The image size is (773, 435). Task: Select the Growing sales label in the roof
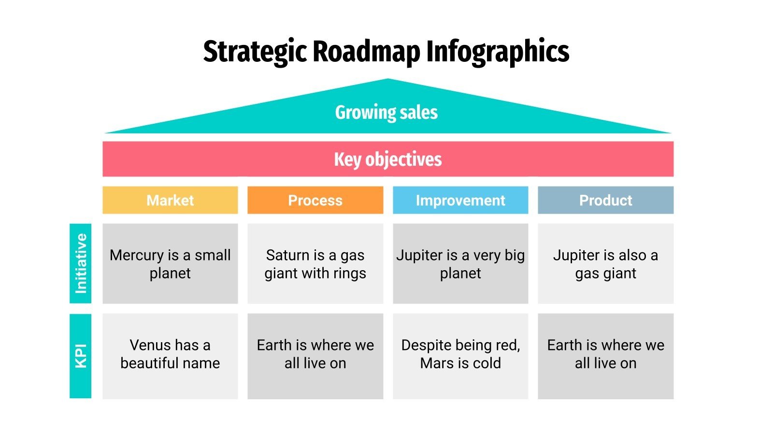pyautogui.click(x=386, y=112)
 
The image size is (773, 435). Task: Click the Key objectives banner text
pyautogui.click(x=388, y=159)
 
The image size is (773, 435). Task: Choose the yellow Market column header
pyautogui.click(x=170, y=200)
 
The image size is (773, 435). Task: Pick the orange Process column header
pyautogui.click(x=315, y=200)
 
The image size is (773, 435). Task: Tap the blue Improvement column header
pyautogui.click(x=460, y=200)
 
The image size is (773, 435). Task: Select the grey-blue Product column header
pyautogui.click(x=605, y=200)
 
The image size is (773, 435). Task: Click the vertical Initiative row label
pyautogui.click(x=81, y=263)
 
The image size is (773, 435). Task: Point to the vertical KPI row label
pyautogui.click(x=81, y=356)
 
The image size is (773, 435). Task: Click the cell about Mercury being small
pyautogui.click(x=170, y=264)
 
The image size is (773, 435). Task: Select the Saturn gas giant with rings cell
pyautogui.click(x=315, y=264)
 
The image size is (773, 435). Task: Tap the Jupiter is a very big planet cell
pyautogui.click(x=460, y=264)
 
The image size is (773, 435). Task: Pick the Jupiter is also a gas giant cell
pyautogui.click(x=605, y=264)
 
